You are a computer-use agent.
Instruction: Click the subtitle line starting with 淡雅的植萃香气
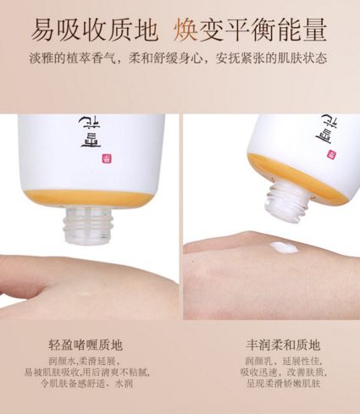coord(180,60)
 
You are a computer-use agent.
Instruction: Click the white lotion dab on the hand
coord(280,247)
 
